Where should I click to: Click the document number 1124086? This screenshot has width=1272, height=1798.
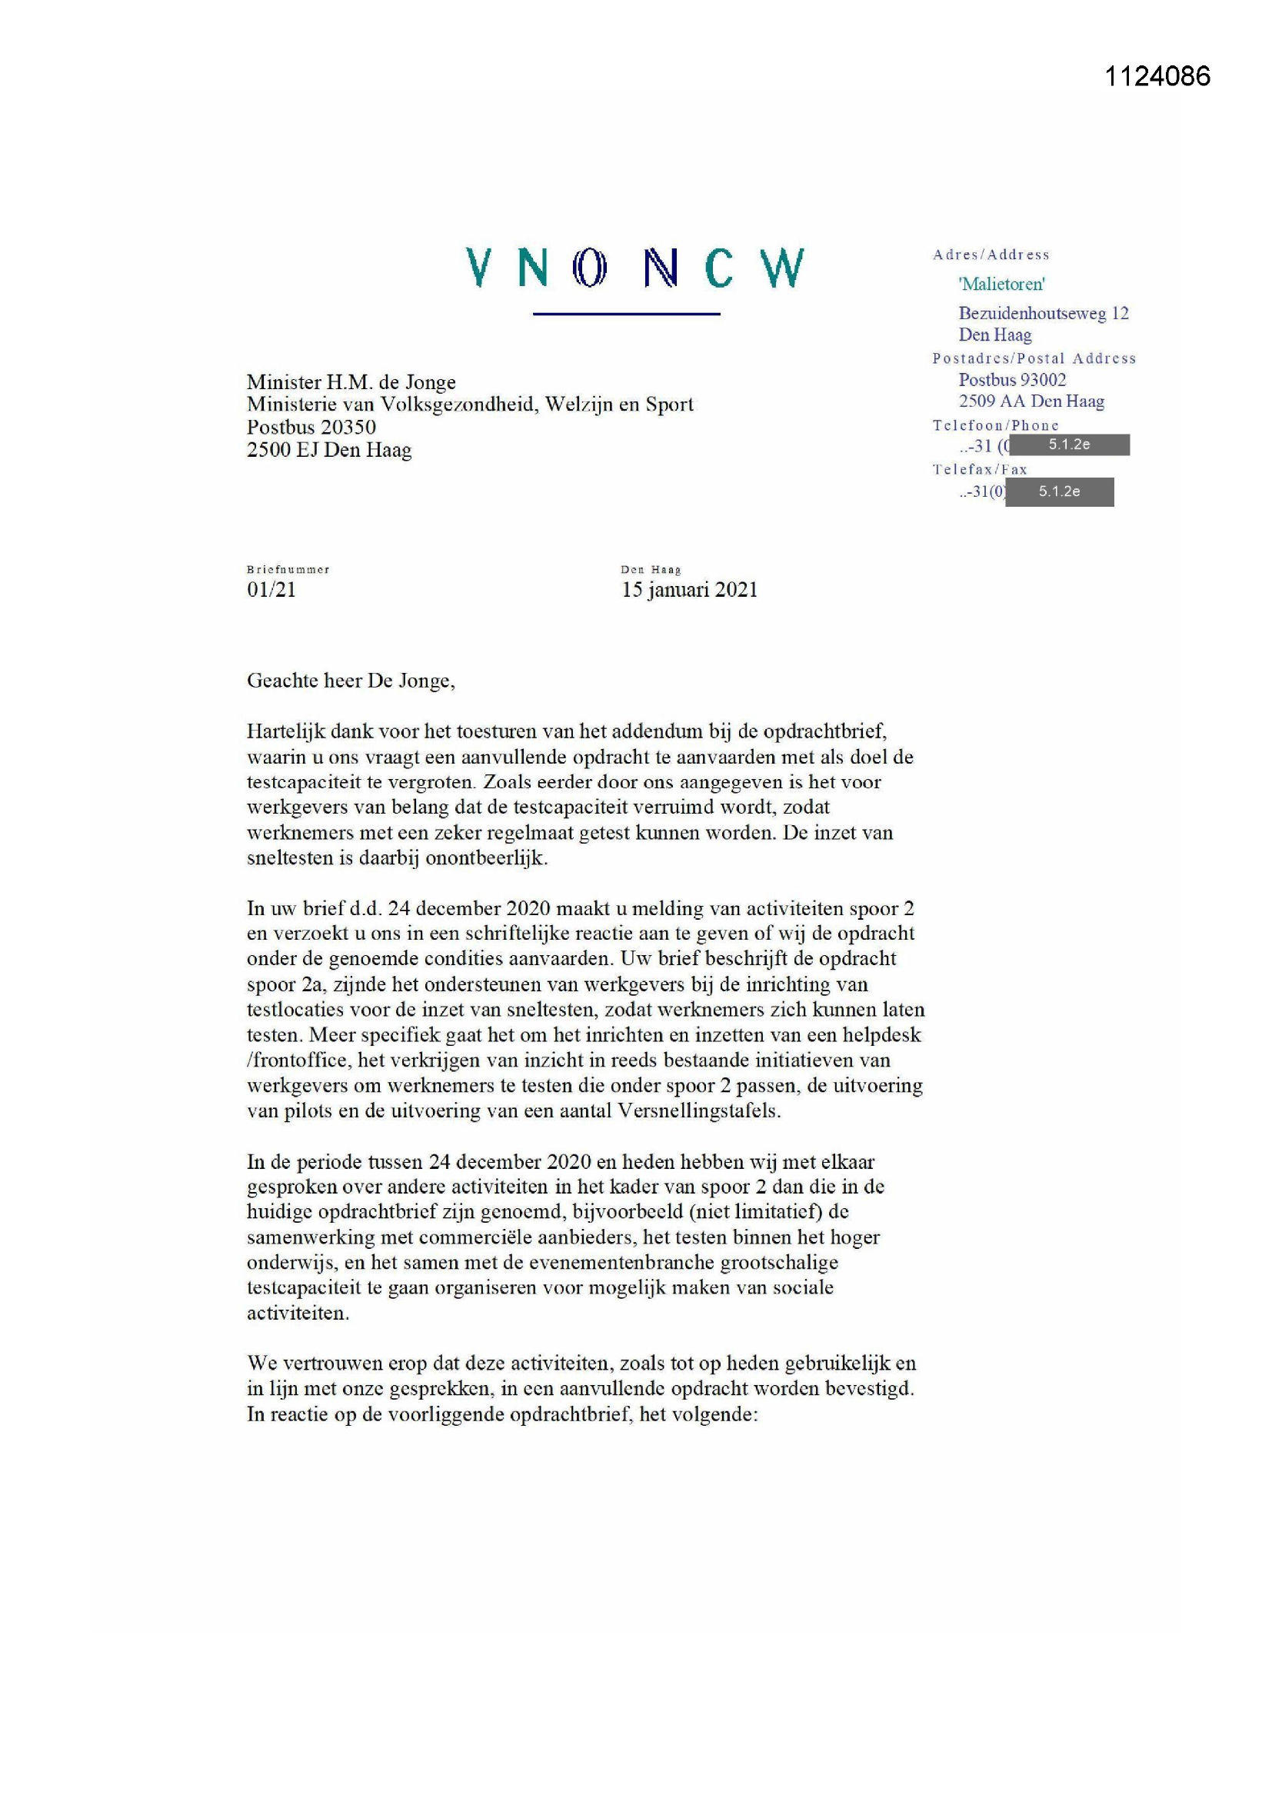pyautogui.click(x=1157, y=76)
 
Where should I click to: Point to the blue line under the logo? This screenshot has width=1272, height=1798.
pyautogui.click(x=626, y=314)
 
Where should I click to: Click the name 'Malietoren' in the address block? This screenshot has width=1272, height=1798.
pyautogui.click(x=1002, y=284)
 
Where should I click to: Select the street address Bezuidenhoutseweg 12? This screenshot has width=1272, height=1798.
pyautogui.click(x=1044, y=313)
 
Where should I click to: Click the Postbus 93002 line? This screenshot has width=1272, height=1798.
pyautogui.click(x=1012, y=380)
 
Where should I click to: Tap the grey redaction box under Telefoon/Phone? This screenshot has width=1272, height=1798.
pyautogui.click(x=1069, y=445)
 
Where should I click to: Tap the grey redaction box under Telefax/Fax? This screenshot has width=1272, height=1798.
pyautogui.click(x=1059, y=491)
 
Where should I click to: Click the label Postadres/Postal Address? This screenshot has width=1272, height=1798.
pyautogui.click(x=1033, y=358)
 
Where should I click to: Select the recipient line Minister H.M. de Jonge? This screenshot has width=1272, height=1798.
pyautogui.click(x=351, y=382)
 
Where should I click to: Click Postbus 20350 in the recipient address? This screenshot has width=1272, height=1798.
pyautogui.click(x=311, y=427)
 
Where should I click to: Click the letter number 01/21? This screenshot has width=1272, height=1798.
pyautogui.click(x=271, y=590)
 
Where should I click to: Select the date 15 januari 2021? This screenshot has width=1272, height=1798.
pyautogui.click(x=689, y=590)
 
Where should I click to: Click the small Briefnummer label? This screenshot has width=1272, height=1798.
pyautogui.click(x=288, y=569)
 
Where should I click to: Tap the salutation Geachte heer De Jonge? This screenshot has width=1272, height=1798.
pyautogui.click(x=350, y=681)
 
